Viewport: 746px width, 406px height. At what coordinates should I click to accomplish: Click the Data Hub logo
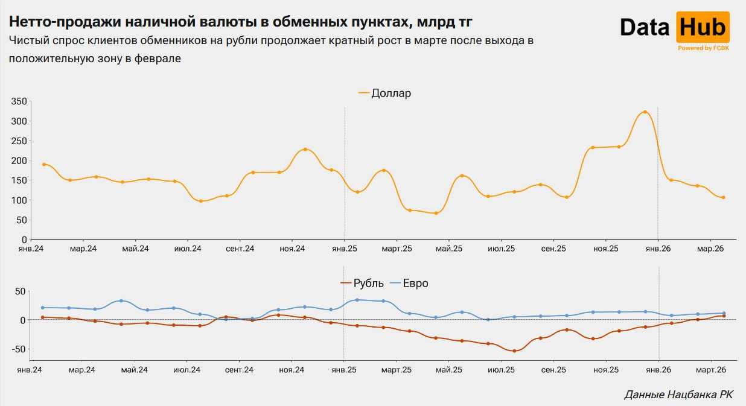(x=674, y=29)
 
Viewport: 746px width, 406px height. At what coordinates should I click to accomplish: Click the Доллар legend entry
(x=384, y=93)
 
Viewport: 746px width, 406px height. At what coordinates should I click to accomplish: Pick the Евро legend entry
(x=409, y=283)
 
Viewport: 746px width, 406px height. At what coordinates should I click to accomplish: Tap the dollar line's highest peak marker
(x=645, y=112)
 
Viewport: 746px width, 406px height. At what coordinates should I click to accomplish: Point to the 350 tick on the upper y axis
(x=19, y=101)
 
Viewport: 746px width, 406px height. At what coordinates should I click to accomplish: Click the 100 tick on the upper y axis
(x=19, y=200)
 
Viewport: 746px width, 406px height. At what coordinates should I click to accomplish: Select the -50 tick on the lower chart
(x=18, y=349)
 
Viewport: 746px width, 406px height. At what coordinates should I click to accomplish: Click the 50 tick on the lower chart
(x=21, y=291)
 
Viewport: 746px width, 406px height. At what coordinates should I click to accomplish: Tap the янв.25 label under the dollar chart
(x=344, y=249)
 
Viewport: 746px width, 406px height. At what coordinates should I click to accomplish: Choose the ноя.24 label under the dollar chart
(x=292, y=249)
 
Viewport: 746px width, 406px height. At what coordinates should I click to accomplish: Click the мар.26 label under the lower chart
(x=711, y=369)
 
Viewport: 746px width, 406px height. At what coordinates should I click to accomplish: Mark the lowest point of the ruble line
(x=514, y=350)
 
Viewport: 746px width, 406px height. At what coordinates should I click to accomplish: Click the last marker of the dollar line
(x=723, y=197)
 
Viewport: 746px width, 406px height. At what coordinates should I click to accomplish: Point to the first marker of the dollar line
(x=44, y=164)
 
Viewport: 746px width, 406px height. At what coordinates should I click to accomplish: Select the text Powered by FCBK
(x=703, y=48)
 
